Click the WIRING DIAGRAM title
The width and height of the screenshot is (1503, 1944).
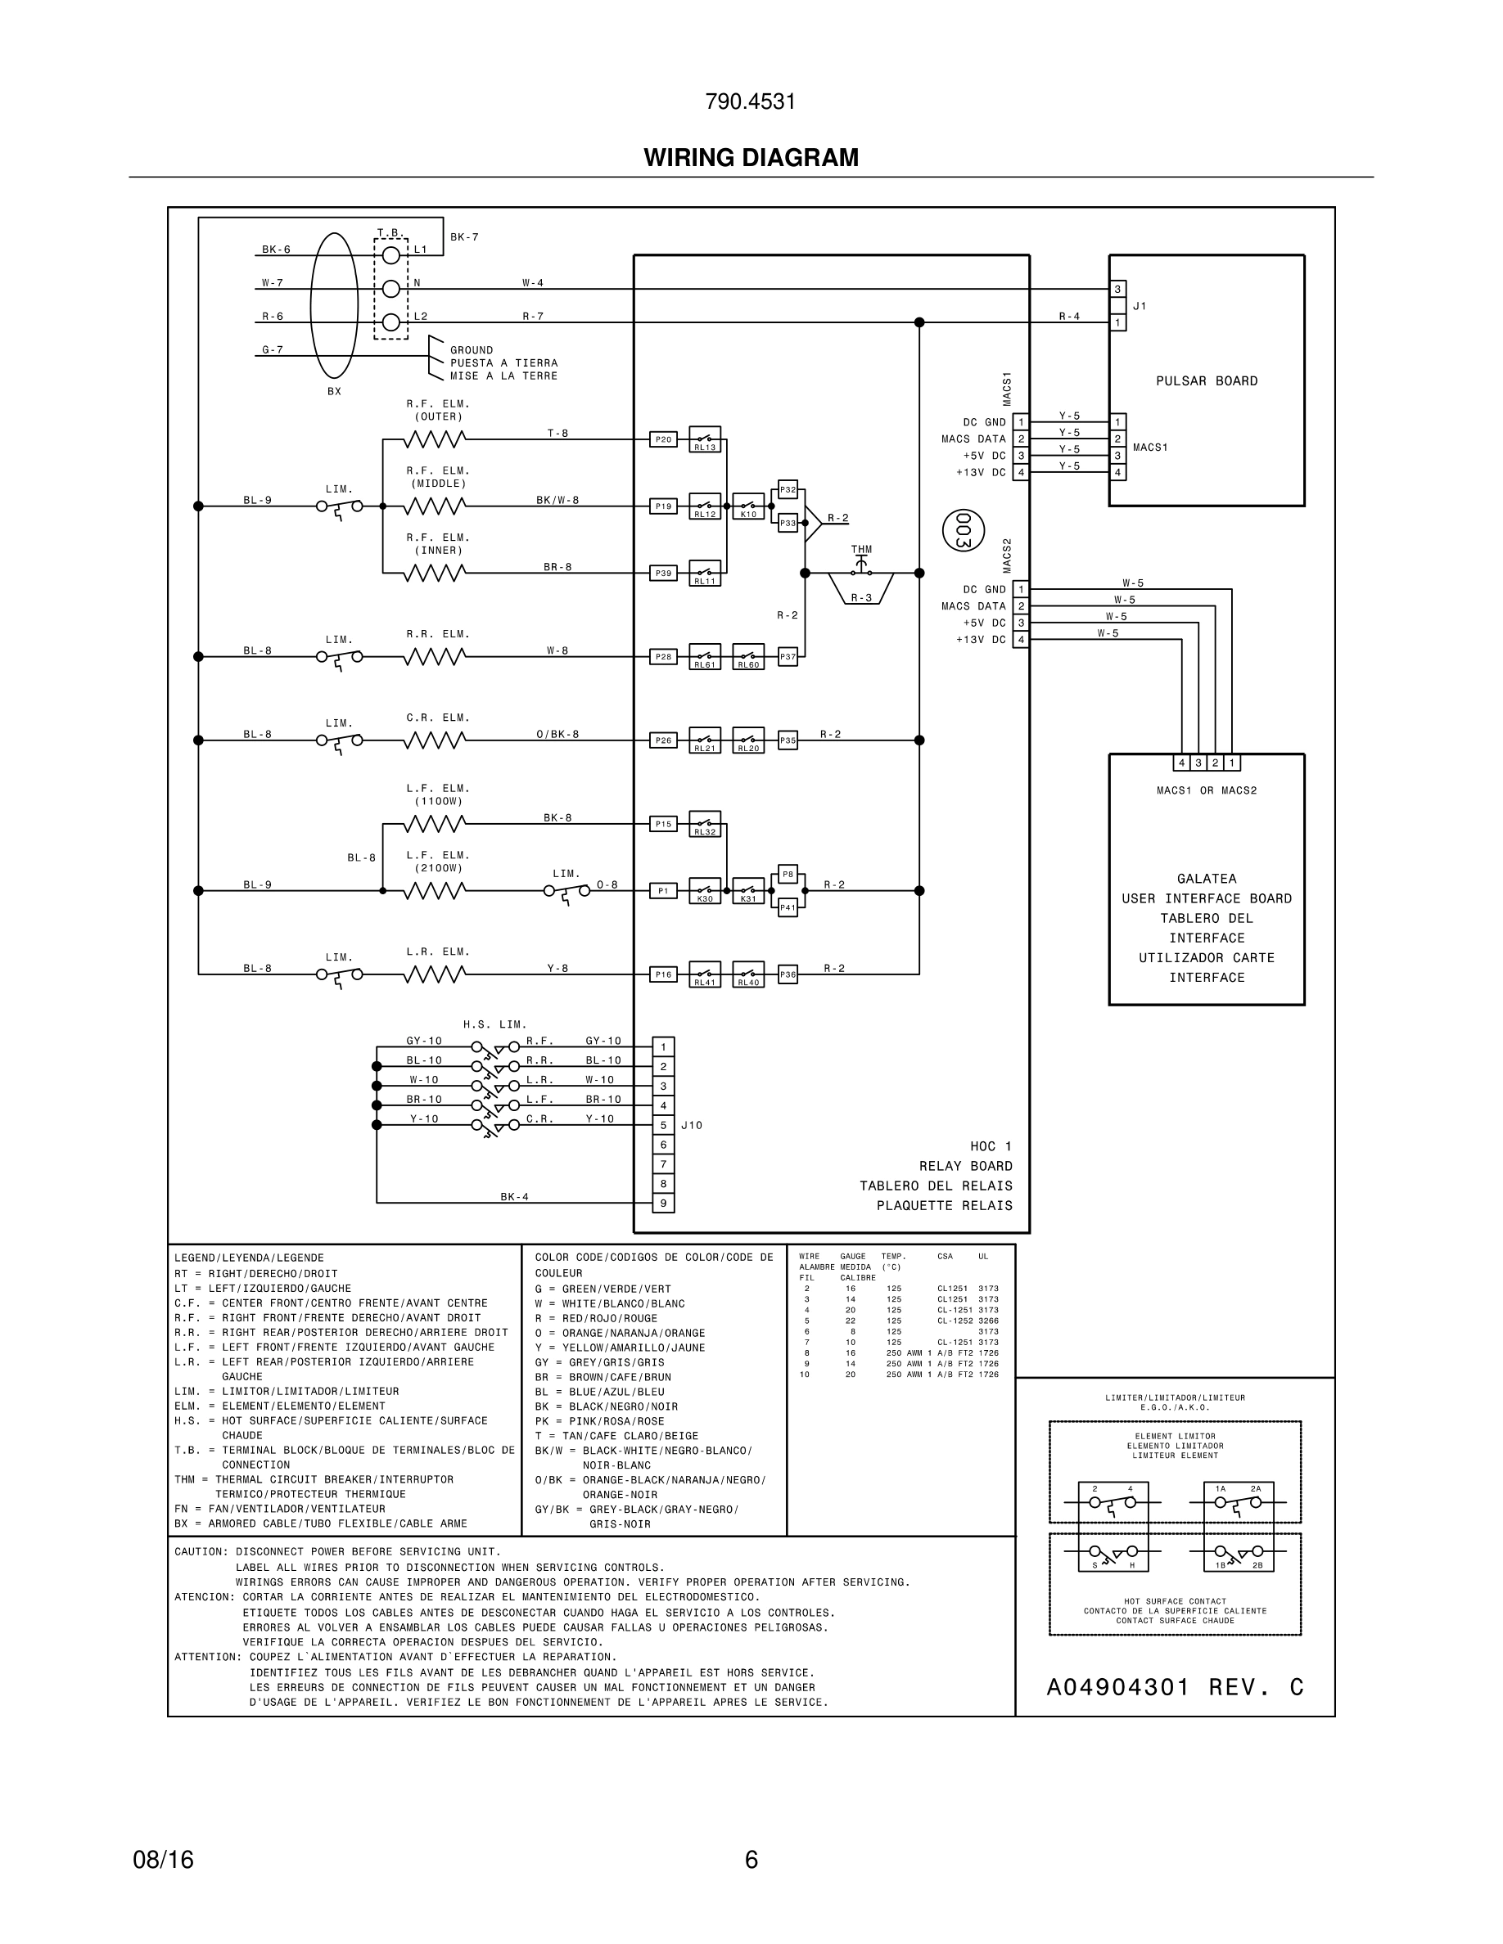click(751, 158)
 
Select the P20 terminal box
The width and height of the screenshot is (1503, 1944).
click(662, 439)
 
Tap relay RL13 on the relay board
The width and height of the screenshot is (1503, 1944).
click(704, 439)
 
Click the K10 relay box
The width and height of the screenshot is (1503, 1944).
click(748, 506)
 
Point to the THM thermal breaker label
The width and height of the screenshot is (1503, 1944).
click(861, 549)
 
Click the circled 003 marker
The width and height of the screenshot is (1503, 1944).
click(963, 530)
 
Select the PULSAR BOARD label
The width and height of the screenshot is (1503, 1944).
click(1206, 381)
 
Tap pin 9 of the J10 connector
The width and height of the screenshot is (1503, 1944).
click(662, 1204)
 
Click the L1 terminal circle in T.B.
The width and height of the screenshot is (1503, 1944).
click(390, 255)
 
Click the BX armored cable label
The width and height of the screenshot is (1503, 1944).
click(334, 392)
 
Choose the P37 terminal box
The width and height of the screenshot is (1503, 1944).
click(788, 657)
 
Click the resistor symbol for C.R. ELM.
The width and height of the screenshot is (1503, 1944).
click(434, 740)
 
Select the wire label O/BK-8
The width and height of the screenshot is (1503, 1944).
click(557, 735)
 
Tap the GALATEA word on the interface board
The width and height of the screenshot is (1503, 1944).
click(1206, 879)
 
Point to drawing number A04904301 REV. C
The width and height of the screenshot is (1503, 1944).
click(1175, 1688)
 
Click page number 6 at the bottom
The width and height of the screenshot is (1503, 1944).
click(751, 1860)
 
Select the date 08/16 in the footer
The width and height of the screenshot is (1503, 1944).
click(163, 1860)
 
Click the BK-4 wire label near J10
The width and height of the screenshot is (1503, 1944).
click(514, 1197)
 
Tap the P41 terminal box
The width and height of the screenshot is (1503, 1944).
click(788, 908)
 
